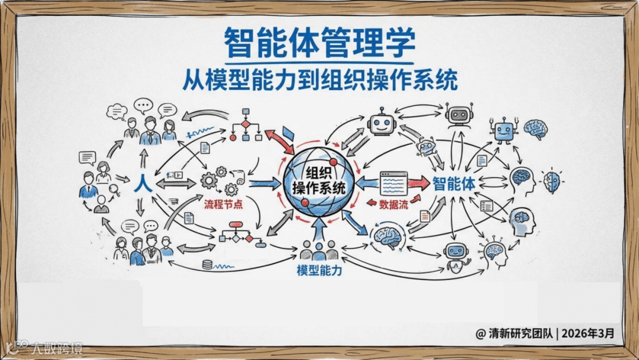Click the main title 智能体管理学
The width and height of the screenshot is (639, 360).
(x=319, y=43)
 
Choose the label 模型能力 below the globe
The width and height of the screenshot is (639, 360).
(x=319, y=271)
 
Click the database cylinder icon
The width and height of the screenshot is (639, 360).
(x=207, y=265)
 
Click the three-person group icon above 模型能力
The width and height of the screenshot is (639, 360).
(x=319, y=250)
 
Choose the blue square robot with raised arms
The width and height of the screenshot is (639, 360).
(x=503, y=130)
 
